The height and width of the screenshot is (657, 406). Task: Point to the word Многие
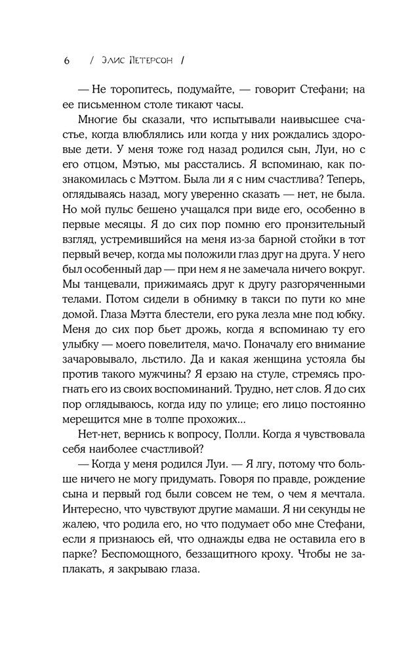point(105,124)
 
